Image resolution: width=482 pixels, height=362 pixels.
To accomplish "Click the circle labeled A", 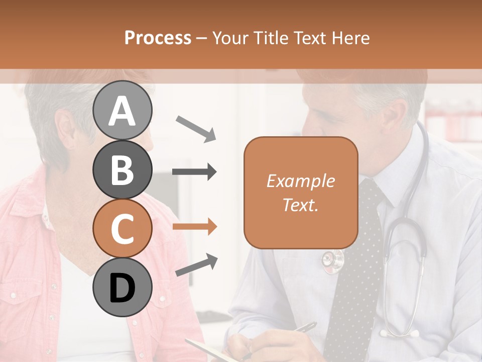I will click(122, 110).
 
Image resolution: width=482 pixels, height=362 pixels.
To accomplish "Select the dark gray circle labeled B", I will click(122, 169).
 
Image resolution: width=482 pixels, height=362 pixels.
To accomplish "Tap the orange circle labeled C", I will click(122, 228).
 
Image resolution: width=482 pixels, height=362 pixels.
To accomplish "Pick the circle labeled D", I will click(122, 287).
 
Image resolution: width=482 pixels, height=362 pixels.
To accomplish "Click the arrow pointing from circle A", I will click(196, 128).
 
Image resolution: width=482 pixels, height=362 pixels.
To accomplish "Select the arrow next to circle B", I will click(194, 172).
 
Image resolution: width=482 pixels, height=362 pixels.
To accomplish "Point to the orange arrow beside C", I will click(194, 227).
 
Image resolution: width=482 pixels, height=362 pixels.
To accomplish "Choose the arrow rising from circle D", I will click(196, 265).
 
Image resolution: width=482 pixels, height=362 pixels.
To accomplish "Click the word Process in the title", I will click(158, 38).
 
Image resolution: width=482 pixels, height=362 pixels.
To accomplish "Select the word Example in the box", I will click(300, 181).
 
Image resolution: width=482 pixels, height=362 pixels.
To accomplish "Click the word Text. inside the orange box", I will click(300, 205).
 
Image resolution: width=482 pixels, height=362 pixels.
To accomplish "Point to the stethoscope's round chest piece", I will click(333, 260).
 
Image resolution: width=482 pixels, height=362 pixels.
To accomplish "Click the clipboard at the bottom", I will click(206, 349).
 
